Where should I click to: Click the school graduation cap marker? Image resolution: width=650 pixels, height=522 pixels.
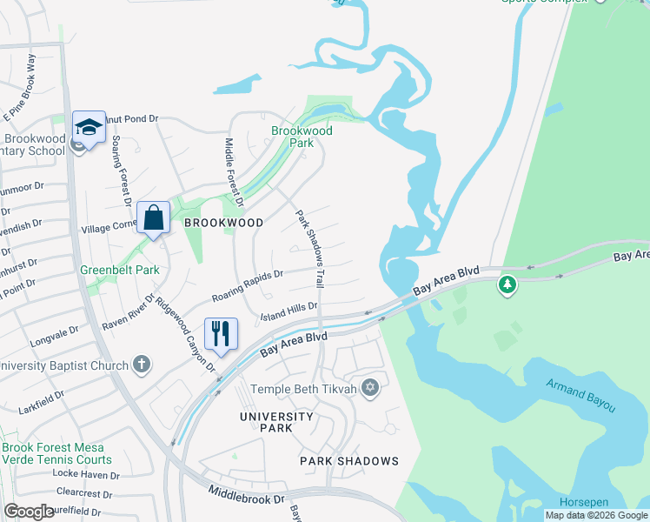89,128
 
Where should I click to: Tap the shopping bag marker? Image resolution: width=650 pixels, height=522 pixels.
153,217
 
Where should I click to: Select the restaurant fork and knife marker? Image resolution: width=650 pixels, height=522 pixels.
220,333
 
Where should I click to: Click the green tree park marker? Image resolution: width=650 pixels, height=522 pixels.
507,284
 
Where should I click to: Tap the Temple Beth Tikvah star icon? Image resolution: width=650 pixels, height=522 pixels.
370,387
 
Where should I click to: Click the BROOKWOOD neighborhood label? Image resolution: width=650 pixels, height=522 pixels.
223,223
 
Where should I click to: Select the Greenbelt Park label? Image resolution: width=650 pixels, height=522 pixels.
120,270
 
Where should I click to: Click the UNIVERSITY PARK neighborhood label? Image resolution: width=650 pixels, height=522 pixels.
277,423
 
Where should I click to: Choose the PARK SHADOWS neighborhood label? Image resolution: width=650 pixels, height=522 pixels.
349,460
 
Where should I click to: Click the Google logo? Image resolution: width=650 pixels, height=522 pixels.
29,512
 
